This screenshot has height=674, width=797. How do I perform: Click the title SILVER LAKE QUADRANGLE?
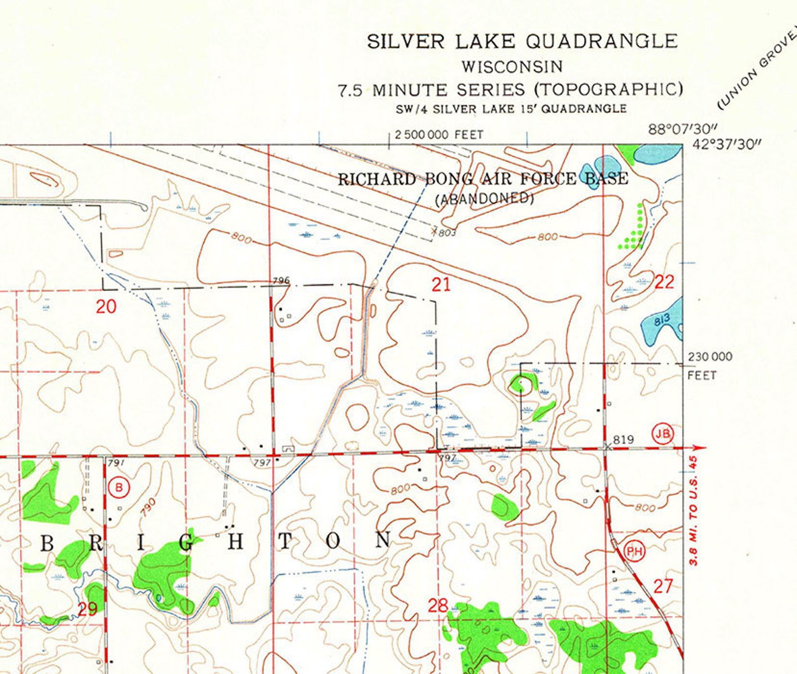click(x=522, y=41)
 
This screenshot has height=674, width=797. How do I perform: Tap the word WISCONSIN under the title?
click(x=512, y=66)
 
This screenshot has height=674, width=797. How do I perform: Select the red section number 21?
click(x=441, y=285)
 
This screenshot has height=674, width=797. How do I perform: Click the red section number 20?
click(x=106, y=306)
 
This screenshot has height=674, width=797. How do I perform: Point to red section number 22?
click(x=665, y=282)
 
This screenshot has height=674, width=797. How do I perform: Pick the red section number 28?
click(x=438, y=605)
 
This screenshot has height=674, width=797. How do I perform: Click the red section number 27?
click(x=663, y=586)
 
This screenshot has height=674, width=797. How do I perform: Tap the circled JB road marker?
click(x=662, y=433)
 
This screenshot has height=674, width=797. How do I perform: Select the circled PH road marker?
click(x=634, y=552)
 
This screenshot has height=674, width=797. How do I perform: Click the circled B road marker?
click(x=118, y=487)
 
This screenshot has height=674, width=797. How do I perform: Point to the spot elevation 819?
click(x=623, y=440)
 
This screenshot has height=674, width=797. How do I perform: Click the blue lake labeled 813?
click(x=661, y=321)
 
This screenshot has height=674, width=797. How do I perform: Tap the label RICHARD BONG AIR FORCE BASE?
click(x=483, y=179)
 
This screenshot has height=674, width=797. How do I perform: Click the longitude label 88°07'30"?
click(x=683, y=129)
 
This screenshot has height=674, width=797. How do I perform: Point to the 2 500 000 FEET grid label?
click(x=439, y=134)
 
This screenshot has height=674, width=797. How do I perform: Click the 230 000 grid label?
click(x=709, y=357)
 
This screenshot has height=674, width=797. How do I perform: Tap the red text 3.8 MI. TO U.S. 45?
click(x=693, y=510)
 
